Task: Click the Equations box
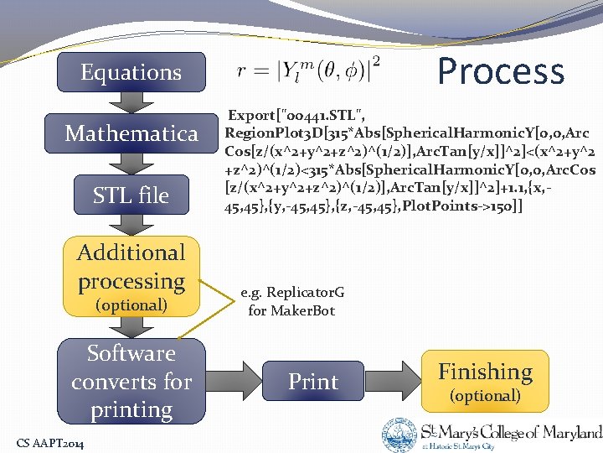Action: point(131,72)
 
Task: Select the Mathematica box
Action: point(131,133)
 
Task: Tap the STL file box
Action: point(131,195)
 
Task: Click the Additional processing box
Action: point(131,277)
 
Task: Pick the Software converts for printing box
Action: point(131,382)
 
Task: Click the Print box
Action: point(313,382)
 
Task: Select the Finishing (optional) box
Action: point(485,381)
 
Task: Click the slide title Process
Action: point(501,71)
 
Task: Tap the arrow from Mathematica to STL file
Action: point(131,164)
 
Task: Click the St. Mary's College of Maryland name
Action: point(511,433)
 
